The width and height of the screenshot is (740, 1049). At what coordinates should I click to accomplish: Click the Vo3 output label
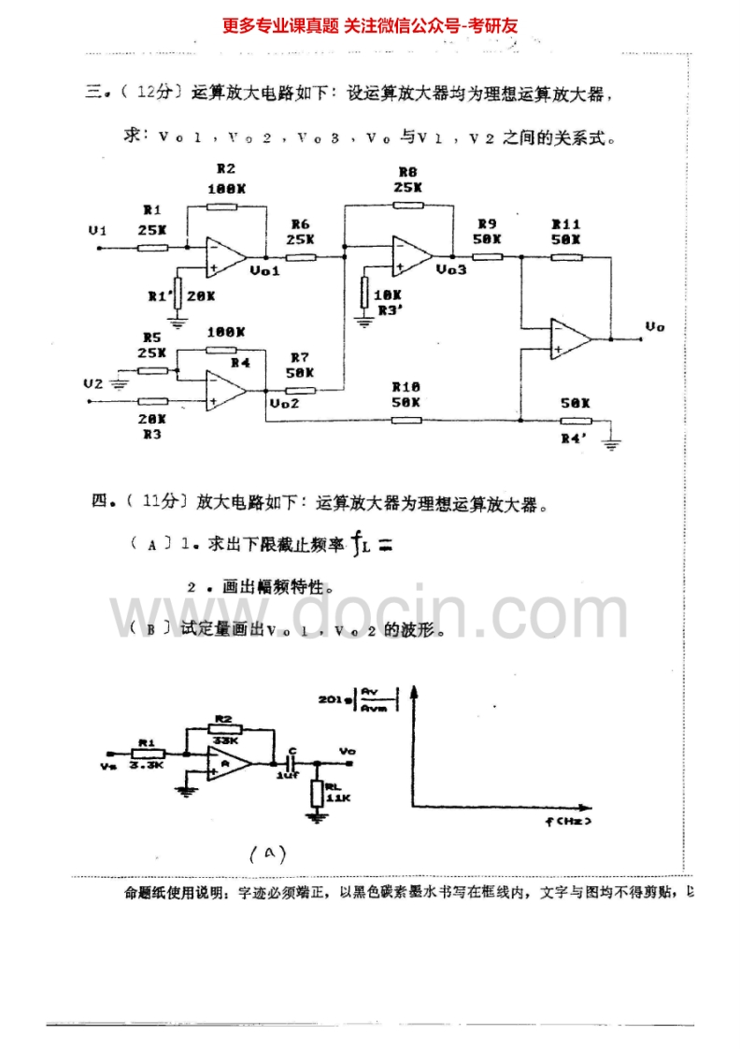click(450, 268)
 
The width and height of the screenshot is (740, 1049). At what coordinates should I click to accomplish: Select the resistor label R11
click(566, 224)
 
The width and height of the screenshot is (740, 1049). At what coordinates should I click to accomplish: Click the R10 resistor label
click(406, 386)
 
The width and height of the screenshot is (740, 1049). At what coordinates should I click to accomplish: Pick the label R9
click(486, 224)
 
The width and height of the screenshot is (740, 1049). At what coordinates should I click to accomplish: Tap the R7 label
click(300, 357)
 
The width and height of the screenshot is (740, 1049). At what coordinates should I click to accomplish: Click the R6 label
click(300, 224)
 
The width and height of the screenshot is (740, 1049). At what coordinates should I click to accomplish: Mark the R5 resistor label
click(152, 337)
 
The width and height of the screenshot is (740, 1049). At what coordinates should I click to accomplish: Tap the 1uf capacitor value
click(287, 775)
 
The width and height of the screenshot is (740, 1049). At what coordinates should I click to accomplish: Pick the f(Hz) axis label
click(567, 821)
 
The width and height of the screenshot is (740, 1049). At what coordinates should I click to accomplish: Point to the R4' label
click(574, 436)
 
